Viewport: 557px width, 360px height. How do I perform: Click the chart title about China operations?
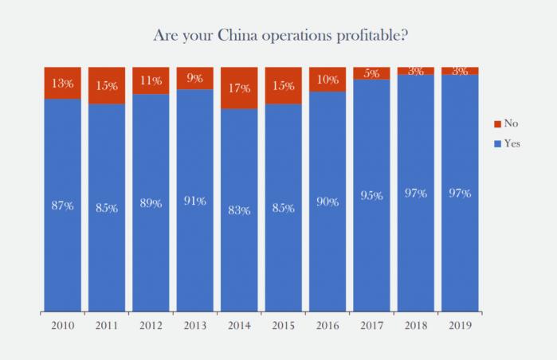click(x=277, y=36)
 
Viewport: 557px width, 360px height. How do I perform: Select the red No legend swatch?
click(x=498, y=124)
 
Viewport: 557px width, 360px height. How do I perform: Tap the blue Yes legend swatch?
click(x=498, y=144)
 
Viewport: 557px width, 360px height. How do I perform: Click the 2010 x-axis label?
click(x=63, y=325)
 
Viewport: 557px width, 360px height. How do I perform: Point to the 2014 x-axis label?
click(x=240, y=325)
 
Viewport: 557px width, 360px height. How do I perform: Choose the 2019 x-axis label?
click(x=460, y=325)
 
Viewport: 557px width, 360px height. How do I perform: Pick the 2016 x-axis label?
click(x=328, y=325)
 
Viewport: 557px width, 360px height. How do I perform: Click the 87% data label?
click(x=63, y=205)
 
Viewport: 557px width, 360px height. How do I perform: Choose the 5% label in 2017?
click(x=372, y=73)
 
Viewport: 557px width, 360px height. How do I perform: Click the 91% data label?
click(x=195, y=201)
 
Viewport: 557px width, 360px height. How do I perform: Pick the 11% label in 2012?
click(x=151, y=80)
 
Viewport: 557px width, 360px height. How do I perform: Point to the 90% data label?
click(x=328, y=202)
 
